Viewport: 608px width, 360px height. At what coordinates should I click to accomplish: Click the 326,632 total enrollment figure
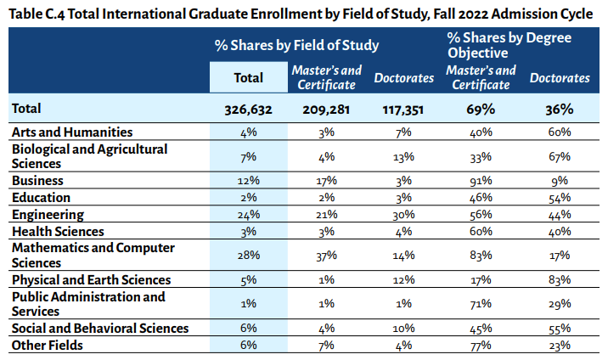249,109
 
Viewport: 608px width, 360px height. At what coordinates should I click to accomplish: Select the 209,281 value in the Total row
326,109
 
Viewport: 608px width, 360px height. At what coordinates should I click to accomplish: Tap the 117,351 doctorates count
403,109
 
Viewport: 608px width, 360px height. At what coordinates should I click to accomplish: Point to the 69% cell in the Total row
482,109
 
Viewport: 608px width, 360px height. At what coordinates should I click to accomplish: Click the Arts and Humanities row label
71,132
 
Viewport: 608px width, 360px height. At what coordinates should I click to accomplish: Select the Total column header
249,77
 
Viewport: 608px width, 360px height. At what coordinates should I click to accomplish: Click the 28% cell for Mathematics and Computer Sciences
249,255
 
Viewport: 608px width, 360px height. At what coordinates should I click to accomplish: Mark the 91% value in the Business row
482,181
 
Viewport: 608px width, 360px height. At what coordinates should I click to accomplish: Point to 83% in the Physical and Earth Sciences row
560,279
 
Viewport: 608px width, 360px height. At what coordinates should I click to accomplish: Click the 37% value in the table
326,255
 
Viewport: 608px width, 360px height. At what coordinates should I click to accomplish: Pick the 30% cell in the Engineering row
403,215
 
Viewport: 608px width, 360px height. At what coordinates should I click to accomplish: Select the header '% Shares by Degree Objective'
509,45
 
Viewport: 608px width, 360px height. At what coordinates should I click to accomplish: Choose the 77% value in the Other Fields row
482,345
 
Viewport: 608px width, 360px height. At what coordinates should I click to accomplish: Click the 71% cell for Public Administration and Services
482,304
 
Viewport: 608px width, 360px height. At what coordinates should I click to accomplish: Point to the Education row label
42,198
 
